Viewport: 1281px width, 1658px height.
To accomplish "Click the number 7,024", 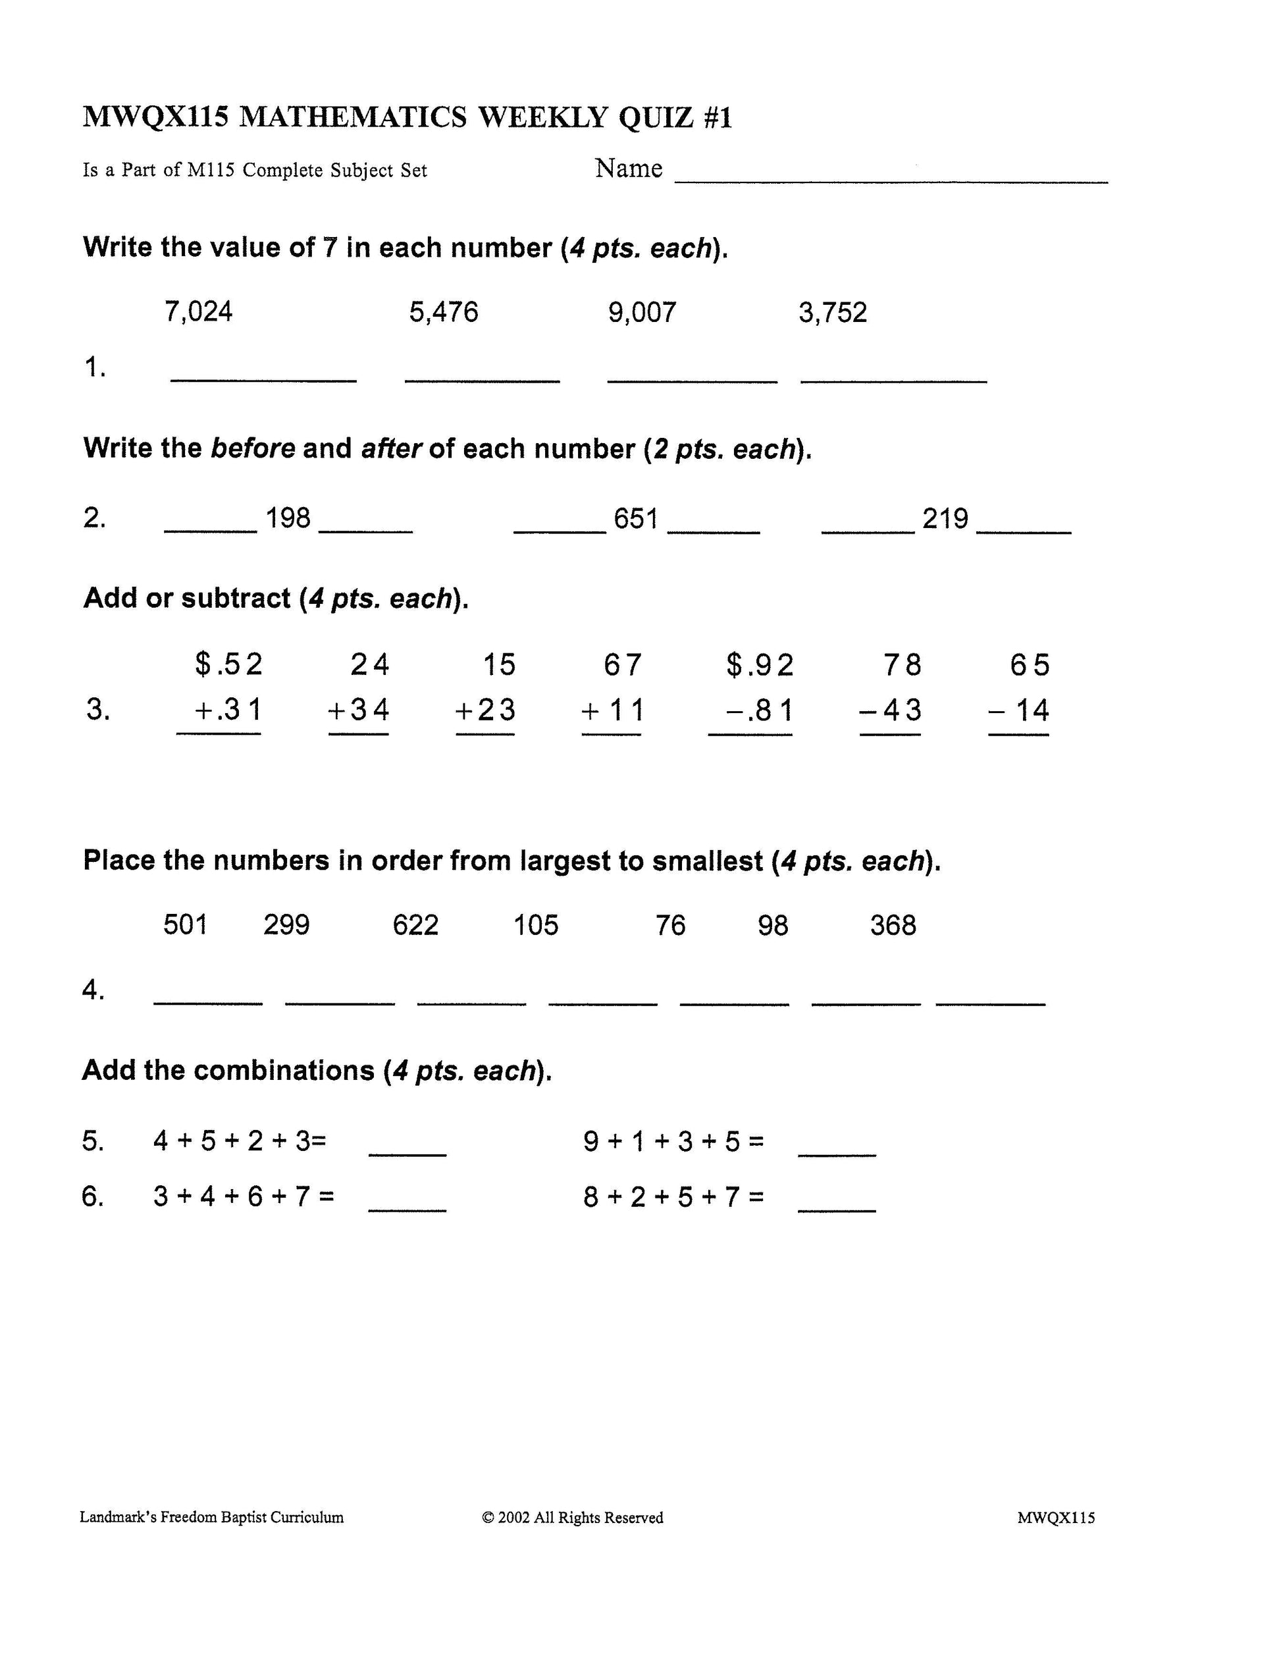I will point(198,312).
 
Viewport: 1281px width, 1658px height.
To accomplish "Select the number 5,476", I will point(443,312).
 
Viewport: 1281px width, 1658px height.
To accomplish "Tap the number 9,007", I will point(641,312).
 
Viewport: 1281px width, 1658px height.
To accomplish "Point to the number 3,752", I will point(832,312).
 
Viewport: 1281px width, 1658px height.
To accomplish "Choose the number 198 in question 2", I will point(288,518).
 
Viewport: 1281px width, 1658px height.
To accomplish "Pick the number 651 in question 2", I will point(635,518).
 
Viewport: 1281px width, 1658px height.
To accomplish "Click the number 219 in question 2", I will point(945,518).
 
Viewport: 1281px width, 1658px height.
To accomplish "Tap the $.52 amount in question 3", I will point(228,665).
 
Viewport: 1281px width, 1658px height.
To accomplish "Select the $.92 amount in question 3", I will point(760,665).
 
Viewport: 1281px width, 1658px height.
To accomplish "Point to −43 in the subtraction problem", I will point(890,710).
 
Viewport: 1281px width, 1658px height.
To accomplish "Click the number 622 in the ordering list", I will point(415,925).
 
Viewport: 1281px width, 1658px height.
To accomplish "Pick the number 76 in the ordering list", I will point(670,925).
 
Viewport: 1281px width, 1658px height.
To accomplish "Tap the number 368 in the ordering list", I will point(893,925).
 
